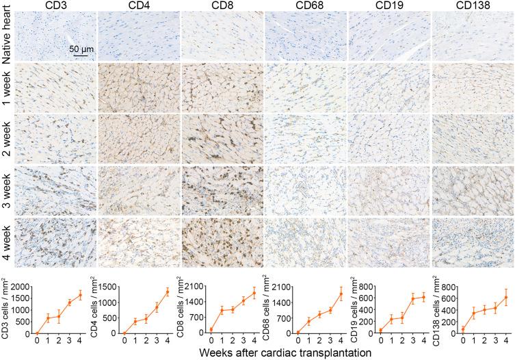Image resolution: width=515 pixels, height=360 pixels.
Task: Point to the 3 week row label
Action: pyautogui.click(x=6, y=187)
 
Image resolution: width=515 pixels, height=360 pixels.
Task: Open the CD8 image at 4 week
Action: pyautogui.click(x=222, y=243)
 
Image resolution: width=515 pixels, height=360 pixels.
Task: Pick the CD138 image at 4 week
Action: pyautogui.click(x=473, y=243)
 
